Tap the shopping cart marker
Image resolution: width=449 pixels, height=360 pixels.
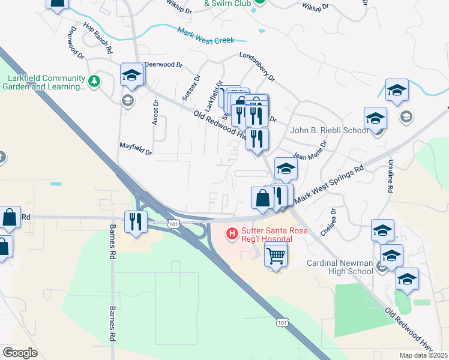276,256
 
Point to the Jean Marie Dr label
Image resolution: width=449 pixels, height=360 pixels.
310,151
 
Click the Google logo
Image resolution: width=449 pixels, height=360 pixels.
20,352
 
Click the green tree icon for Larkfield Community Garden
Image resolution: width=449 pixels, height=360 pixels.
94,80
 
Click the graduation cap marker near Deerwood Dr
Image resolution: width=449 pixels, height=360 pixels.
131,75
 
